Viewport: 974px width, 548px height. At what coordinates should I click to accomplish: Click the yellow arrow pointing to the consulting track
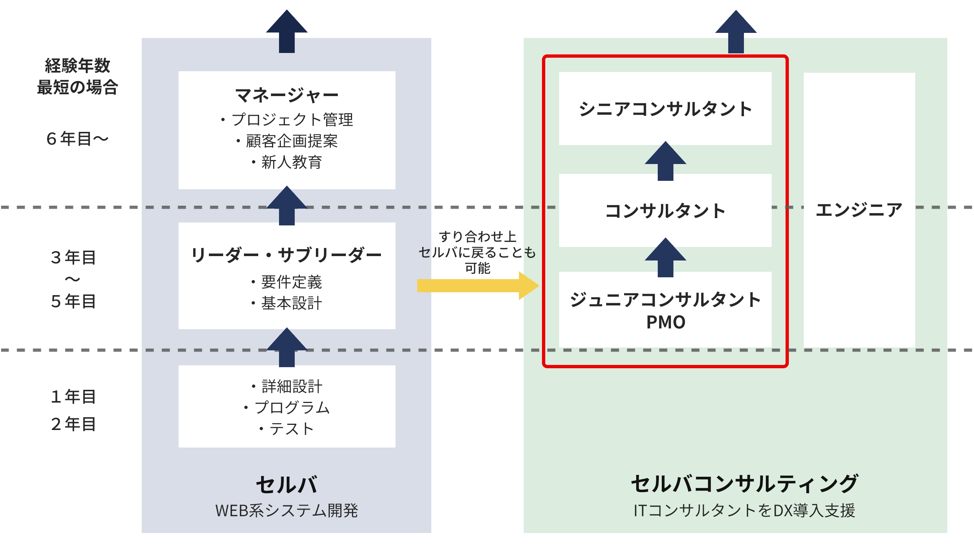478,286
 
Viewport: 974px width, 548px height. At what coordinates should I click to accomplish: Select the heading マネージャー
287,95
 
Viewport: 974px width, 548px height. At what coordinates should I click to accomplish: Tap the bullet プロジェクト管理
287,119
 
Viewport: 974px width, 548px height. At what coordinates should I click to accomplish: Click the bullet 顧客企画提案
287,141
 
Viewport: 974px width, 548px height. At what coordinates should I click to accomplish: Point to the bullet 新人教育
287,162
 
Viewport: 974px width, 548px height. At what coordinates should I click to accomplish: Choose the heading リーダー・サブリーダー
287,255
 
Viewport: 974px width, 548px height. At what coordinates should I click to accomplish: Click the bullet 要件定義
287,282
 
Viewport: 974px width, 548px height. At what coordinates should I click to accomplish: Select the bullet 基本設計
287,303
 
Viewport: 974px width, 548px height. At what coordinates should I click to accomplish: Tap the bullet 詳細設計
287,386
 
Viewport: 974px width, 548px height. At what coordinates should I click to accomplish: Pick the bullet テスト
287,429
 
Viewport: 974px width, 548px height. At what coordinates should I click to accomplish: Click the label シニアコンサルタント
665,109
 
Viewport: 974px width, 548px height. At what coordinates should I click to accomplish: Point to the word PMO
665,322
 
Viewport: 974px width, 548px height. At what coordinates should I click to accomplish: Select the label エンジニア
859,210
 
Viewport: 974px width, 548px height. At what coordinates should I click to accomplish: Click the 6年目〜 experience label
77,139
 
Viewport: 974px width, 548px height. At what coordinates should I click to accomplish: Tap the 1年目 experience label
73,396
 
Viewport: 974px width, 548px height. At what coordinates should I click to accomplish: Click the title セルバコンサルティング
744,484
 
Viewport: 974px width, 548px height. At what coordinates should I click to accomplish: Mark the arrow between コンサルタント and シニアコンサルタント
665,161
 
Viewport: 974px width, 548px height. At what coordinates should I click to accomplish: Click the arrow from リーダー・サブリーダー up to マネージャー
287,205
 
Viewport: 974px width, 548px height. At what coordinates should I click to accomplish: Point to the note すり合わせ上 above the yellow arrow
478,236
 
